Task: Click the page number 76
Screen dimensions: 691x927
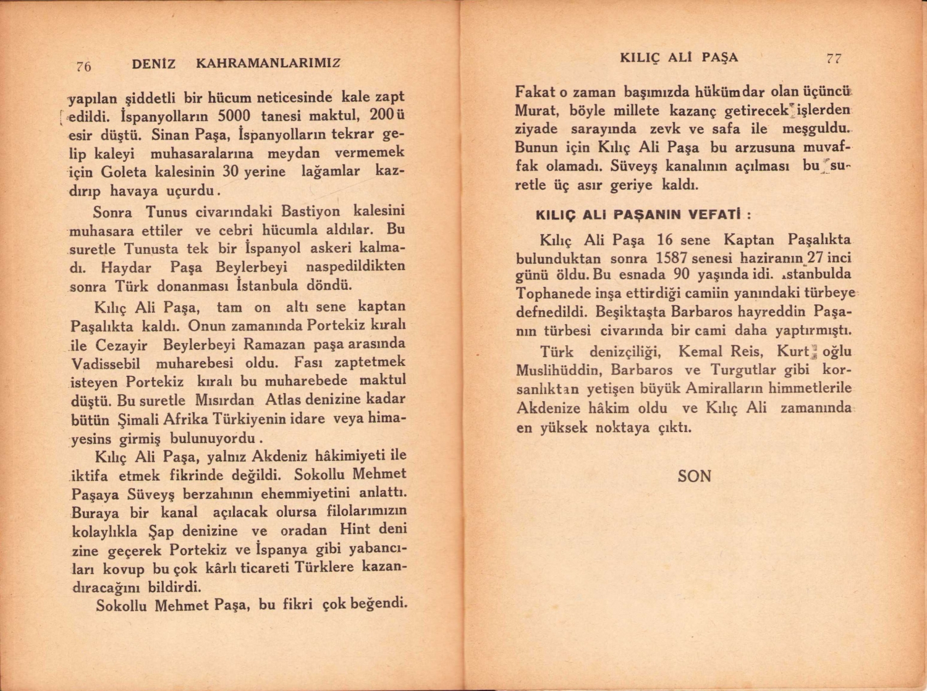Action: coord(84,66)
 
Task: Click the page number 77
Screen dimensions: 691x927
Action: coord(834,58)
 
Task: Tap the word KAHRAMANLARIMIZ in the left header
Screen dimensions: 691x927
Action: coord(268,63)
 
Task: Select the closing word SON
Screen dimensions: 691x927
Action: coord(694,476)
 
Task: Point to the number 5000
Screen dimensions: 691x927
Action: coord(229,116)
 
